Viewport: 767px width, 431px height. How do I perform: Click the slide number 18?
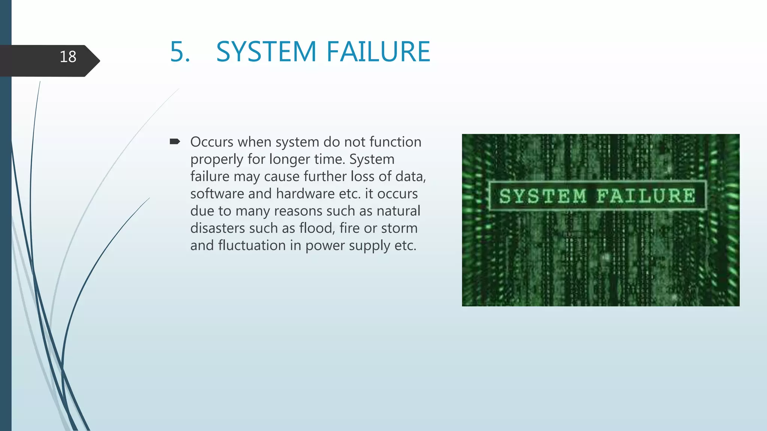(68, 57)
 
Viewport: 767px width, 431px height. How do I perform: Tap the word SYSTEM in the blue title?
(266, 52)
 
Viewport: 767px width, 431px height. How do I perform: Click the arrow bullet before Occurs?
(175, 141)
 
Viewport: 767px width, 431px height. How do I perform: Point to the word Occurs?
(212, 142)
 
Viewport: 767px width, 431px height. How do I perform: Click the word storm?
(399, 228)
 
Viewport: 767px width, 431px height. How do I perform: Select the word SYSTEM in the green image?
(543, 196)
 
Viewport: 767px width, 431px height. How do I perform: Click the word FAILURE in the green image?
(646, 196)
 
